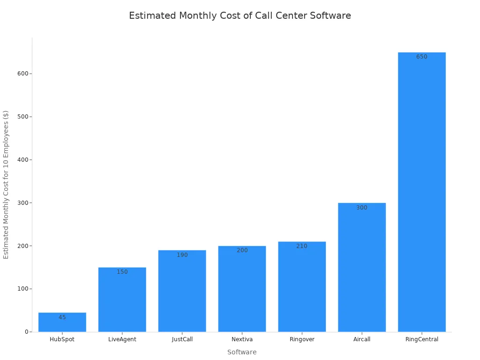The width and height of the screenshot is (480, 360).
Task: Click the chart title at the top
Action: tap(240, 15)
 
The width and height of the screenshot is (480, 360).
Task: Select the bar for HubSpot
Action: tap(62, 323)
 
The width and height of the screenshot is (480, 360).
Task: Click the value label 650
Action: tap(421, 57)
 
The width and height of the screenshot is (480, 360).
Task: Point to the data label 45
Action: tap(62, 317)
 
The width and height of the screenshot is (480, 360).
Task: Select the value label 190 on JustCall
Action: tap(182, 255)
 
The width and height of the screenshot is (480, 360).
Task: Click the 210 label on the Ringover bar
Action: tap(301, 246)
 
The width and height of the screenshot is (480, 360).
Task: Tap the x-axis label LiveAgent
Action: tap(122, 339)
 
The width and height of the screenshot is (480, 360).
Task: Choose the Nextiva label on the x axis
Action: tap(242, 339)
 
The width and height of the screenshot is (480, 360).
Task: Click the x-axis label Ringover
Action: tap(302, 339)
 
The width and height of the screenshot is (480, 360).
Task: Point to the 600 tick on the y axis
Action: tap(22, 74)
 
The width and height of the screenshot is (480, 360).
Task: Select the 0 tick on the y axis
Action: tap(27, 332)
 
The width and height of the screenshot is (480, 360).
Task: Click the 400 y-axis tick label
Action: tap(22, 160)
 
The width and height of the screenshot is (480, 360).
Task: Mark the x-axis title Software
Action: tap(242, 352)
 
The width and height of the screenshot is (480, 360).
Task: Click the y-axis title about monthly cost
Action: tap(6, 184)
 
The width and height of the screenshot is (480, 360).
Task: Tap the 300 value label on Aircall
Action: tap(361, 208)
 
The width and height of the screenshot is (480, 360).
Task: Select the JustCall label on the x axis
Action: tap(182, 339)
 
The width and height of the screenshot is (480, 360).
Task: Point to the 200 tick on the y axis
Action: tap(22, 246)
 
